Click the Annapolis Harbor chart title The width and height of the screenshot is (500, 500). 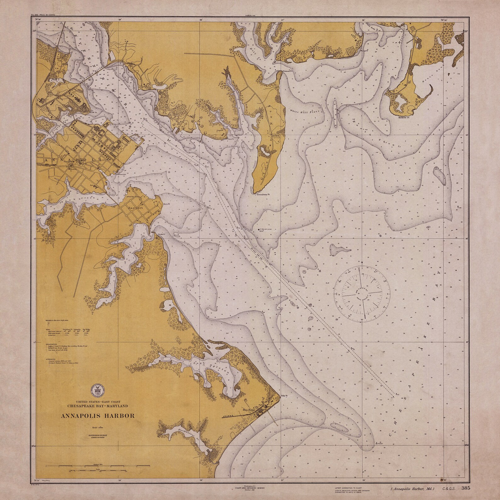tap(99, 415)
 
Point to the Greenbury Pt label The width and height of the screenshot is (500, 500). tap(264, 195)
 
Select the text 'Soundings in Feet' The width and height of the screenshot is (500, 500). tap(98, 435)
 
